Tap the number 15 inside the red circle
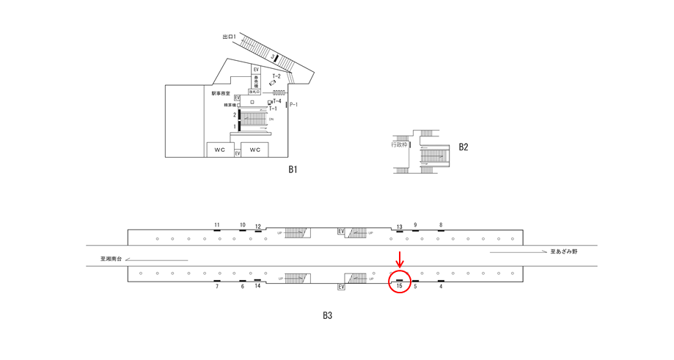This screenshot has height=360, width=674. (x=399, y=286)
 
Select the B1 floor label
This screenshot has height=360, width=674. (x=292, y=169)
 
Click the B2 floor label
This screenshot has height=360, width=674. (x=464, y=147)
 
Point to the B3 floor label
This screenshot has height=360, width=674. (x=328, y=316)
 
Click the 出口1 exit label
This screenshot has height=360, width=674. (x=230, y=36)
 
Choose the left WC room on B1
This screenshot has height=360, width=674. (x=220, y=150)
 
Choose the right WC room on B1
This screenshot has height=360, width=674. (x=255, y=150)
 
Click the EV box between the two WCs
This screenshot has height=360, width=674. (x=238, y=153)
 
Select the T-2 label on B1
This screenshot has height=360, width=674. (x=276, y=76)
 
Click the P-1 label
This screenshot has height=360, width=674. (x=293, y=106)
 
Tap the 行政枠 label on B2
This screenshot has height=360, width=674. (x=399, y=145)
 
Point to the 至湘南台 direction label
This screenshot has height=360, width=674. (x=111, y=258)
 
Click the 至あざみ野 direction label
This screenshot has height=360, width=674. (x=564, y=251)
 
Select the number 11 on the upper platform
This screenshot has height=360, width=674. (x=217, y=224)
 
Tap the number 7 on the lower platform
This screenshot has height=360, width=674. (x=217, y=287)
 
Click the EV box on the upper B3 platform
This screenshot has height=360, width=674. (x=341, y=232)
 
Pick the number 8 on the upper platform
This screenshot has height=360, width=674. (x=441, y=224)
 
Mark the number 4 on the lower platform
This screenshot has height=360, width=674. (x=441, y=287)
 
